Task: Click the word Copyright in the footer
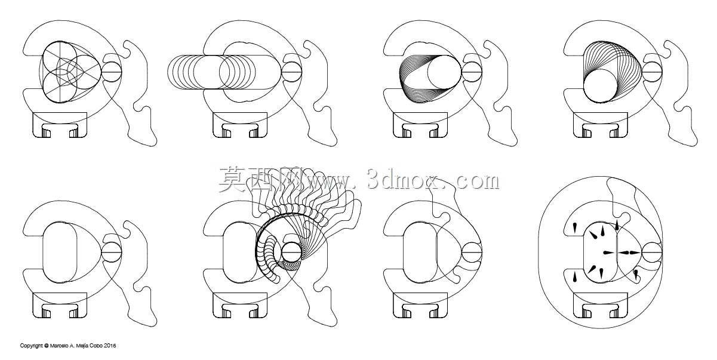click(x=32, y=346)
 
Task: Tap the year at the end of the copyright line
click(x=110, y=346)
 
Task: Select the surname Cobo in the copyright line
click(x=98, y=346)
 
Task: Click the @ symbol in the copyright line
click(x=47, y=346)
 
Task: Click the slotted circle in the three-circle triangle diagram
click(x=112, y=72)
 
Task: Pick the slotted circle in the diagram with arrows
click(x=652, y=252)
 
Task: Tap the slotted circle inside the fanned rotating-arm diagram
click(x=291, y=252)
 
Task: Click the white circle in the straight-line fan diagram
click(x=444, y=72)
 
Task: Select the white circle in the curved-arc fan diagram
click(x=600, y=86)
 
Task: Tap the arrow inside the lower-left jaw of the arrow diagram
click(x=574, y=276)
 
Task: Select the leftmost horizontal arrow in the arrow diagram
click(x=609, y=253)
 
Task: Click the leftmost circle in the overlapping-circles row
click(x=184, y=72)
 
